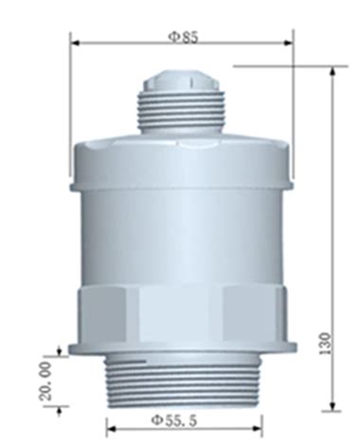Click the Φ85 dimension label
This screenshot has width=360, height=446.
[183, 35]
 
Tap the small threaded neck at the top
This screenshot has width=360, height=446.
[181, 112]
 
